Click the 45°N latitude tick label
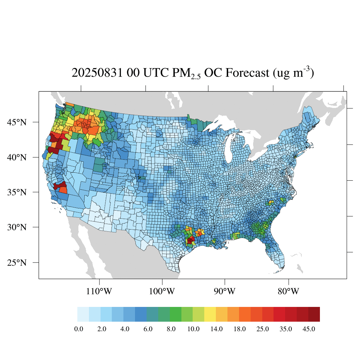(17, 122)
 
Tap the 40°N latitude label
(17, 157)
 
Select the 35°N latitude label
(17, 192)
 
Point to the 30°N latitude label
(17, 227)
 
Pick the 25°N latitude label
(17, 263)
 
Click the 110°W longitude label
(99, 291)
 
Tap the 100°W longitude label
(162, 291)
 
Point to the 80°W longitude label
(289, 291)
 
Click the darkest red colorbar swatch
(314, 314)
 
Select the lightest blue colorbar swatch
(83, 314)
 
